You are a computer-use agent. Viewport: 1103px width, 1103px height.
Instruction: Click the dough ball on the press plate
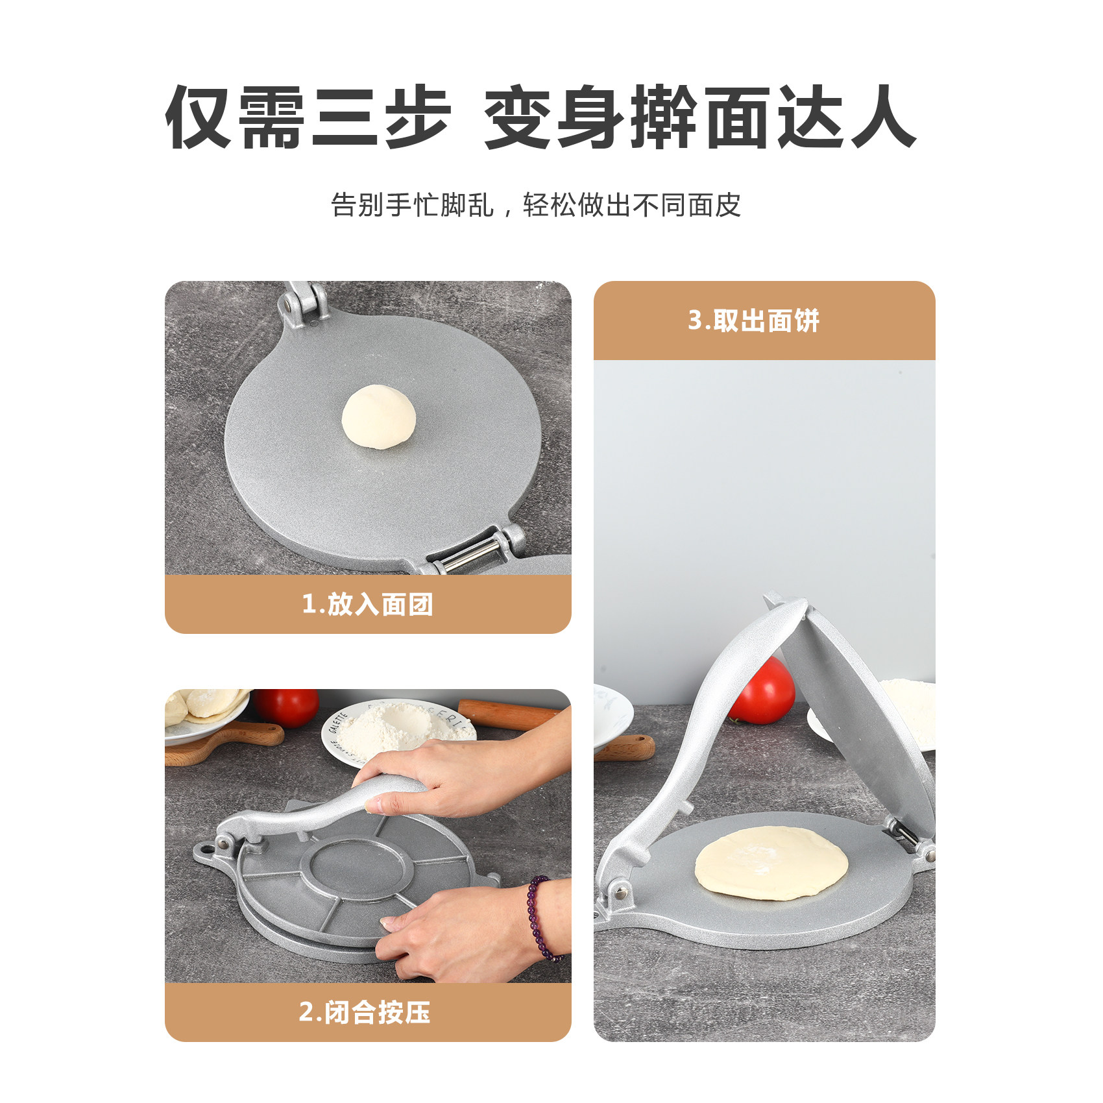(378, 416)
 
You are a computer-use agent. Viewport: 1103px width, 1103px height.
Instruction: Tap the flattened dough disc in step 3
(771, 862)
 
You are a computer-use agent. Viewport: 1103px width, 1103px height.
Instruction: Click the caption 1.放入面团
(367, 604)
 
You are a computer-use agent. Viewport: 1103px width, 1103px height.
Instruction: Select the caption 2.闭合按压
(365, 1012)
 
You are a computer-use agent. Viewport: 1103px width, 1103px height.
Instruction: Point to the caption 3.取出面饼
(754, 321)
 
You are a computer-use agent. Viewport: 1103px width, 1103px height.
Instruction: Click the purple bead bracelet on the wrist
(544, 918)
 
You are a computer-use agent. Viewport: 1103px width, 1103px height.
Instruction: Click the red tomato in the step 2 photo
(286, 706)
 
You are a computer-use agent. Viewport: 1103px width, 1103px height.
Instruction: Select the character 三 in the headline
(345, 117)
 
